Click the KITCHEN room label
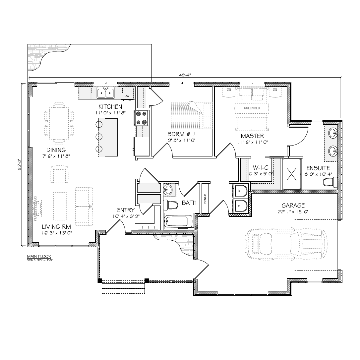click(110, 107)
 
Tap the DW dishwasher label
click(127, 96)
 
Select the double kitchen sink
click(106, 93)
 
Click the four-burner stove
click(141, 118)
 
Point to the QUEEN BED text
click(252, 108)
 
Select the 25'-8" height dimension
click(20, 165)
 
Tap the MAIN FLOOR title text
click(39, 257)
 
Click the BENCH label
click(205, 199)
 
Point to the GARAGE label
click(293, 206)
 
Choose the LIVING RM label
click(56, 227)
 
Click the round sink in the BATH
click(168, 190)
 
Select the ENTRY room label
click(126, 210)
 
